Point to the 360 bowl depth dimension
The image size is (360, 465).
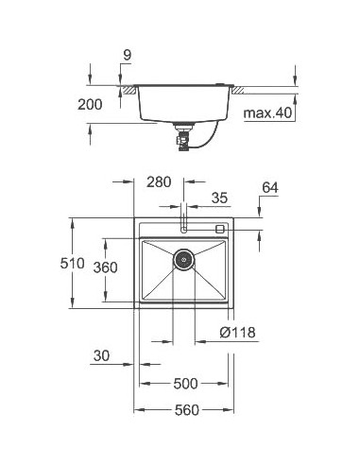pos(105,268)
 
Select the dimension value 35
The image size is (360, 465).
pos(220,198)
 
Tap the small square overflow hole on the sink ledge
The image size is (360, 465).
pos(220,229)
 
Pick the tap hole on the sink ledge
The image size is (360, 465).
pos(184,229)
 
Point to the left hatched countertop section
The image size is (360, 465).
pos(126,89)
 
